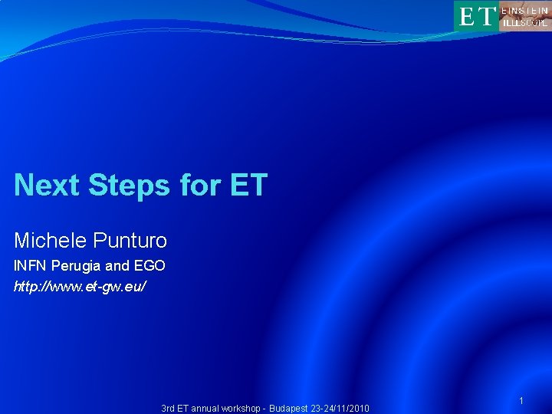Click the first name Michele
click(x=50, y=241)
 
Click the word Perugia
click(x=74, y=267)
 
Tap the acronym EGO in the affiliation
click(x=149, y=267)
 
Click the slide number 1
click(x=521, y=401)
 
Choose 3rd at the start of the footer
click(x=169, y=409)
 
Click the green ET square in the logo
click(x=475, y=15)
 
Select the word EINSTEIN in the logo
click(x=525, y=9)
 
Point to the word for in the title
click(x=202, y=185)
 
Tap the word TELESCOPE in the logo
click(x=525, y=22)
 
